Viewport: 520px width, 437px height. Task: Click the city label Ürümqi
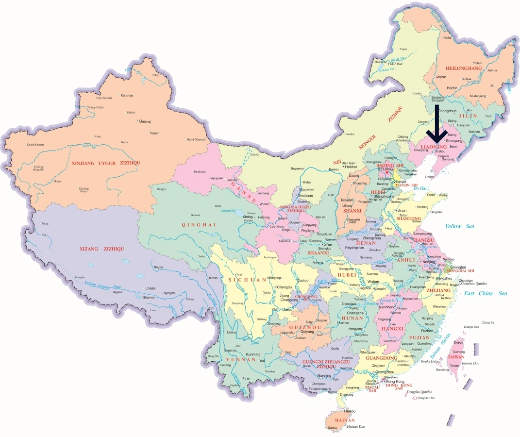click(x=145, y=121)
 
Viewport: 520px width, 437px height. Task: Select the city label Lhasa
click(x=150, y=288)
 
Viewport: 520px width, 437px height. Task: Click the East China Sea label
click(x=485, y=293)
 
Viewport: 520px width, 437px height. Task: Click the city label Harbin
click(x=452, y=88)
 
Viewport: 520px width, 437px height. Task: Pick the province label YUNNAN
click(x=240, y=360)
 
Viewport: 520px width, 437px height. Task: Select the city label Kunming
click(x=253, y=354)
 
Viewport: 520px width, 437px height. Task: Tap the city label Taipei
click(x=458, y=342)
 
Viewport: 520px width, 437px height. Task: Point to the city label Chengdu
click(x=285, y=287)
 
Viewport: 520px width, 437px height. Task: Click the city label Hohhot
click(x=352, y=167)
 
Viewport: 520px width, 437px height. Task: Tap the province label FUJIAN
click(x=419, y=337)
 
